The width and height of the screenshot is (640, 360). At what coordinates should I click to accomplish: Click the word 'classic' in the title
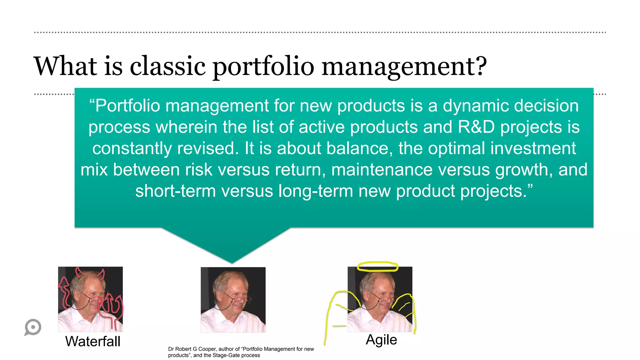coord(167,66)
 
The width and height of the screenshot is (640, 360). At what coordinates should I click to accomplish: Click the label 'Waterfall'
coord(92,341)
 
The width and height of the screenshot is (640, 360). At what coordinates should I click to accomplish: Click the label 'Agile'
coord(381,339)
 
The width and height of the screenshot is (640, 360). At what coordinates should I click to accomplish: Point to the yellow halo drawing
coord(377,267)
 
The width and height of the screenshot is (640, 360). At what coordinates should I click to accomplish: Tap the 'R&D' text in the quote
coord(476,127)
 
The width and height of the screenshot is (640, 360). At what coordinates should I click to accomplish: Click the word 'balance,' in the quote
coord(359,148)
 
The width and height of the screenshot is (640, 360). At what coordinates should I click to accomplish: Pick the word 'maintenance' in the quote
coord(382,170)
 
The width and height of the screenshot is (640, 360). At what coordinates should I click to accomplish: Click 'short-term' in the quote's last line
coord(175,191)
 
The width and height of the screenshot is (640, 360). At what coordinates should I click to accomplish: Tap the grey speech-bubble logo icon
coord(33,327)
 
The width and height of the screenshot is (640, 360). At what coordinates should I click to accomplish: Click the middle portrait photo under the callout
coord(233,299)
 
